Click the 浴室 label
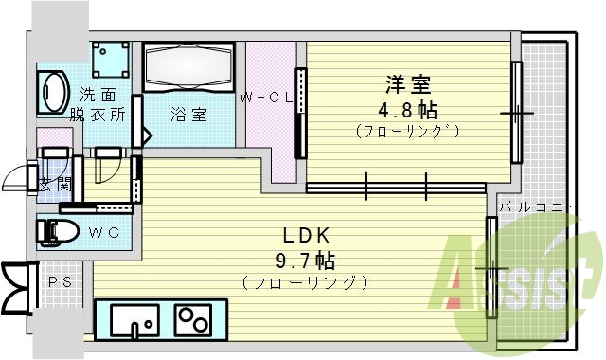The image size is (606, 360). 188,115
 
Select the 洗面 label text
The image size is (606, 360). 98,95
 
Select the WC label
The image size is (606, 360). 104,231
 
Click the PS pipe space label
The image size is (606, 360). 58,281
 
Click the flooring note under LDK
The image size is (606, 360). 305,282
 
